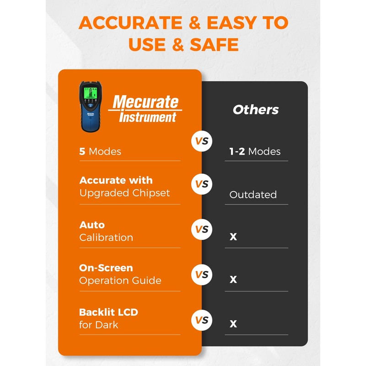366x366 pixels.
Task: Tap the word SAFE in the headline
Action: click(213, 45)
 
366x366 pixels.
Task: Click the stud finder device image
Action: click(91, 107)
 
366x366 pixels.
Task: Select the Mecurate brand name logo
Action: click(145, 102)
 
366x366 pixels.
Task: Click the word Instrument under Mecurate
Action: click(147, 118)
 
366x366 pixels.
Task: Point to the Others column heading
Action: click(256, 110)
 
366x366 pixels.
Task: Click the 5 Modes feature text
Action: click(100, 151)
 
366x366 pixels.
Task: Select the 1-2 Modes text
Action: click(255, 151)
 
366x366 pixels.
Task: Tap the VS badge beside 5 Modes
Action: click(202, 141)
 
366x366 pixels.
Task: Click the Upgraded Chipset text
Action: click(124, 193)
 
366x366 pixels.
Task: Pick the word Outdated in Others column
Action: click(253, 195)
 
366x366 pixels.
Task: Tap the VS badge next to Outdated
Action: click(202, 184)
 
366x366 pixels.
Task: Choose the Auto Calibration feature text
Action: click(106, 231)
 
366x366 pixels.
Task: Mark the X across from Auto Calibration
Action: click(233, 237)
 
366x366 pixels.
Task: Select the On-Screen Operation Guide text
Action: click(120, 274)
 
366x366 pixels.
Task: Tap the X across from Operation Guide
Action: click(233, 280)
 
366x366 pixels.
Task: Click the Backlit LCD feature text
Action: click(108, 318)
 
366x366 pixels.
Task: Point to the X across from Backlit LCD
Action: click(233, 323)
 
